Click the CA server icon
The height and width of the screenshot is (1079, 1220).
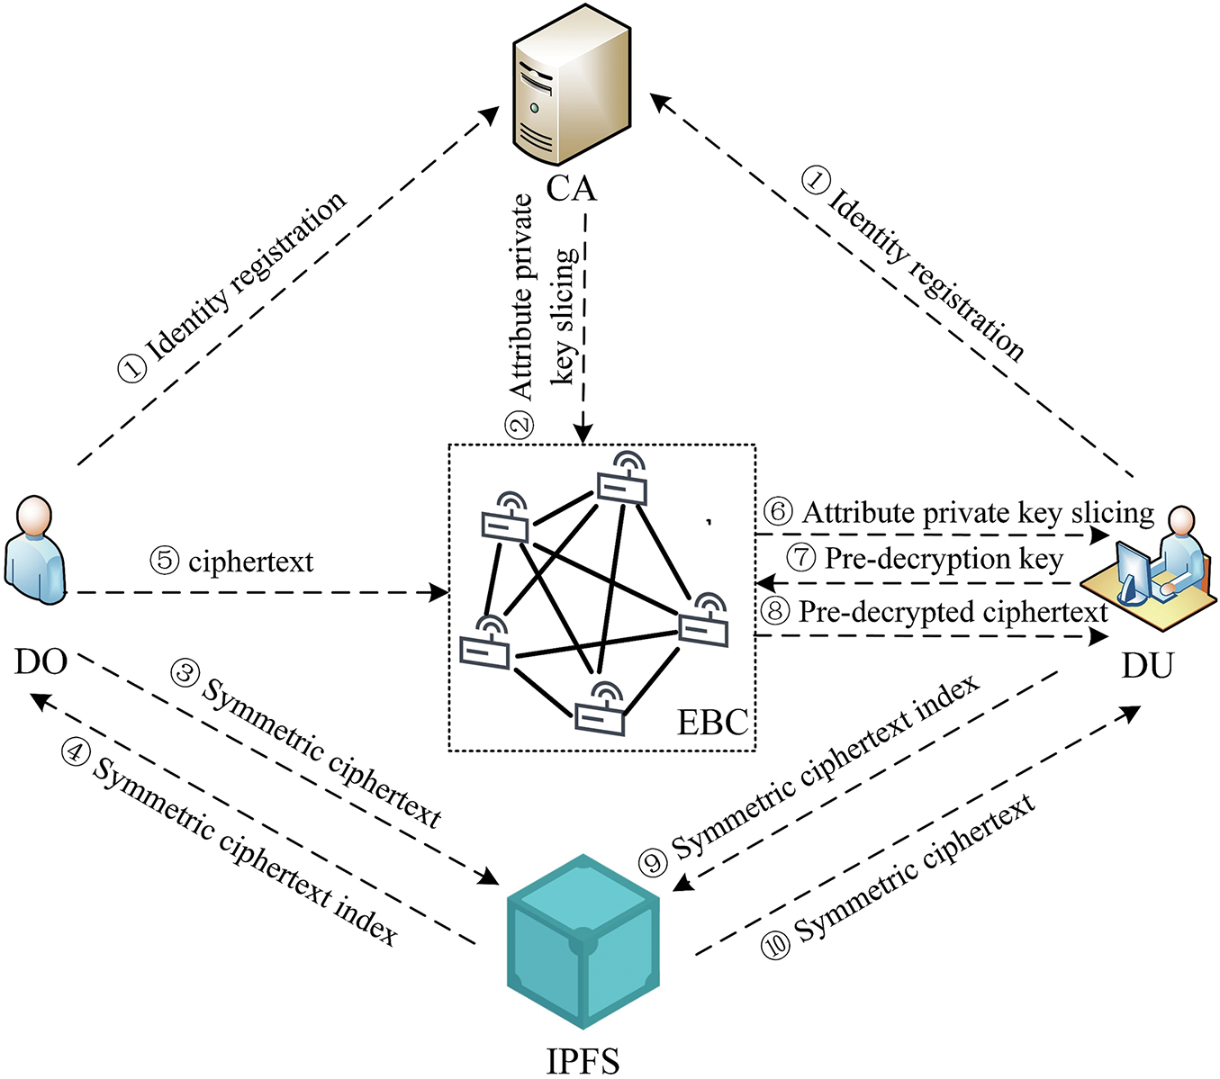571,90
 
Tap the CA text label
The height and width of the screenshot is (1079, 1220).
571,189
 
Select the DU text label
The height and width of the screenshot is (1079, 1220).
1147,666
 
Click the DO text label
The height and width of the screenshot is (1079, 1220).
41,662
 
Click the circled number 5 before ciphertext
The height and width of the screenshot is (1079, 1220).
165,561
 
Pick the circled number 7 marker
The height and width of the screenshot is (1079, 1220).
800,558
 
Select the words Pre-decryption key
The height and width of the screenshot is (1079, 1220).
944,559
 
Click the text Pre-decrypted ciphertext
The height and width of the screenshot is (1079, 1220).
953,613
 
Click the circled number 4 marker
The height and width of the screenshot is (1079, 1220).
75,751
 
